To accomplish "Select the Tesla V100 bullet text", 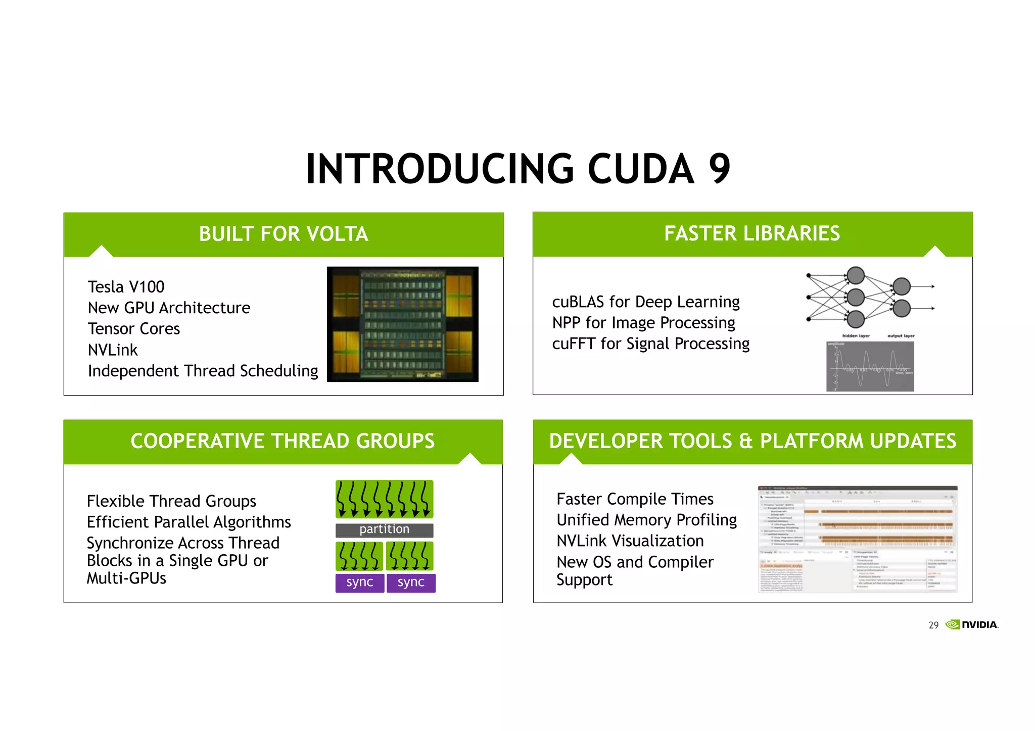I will coord(126,287).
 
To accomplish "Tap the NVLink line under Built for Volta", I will coord(113,350).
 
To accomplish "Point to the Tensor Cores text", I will coord(134,329).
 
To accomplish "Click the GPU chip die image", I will coord(402,324).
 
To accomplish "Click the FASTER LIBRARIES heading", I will coord(752,233).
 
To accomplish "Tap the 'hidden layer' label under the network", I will coord(856,336).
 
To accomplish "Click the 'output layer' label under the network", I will coord(901,336).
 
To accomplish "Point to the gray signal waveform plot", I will coord(870,366).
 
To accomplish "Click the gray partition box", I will coord(384,529).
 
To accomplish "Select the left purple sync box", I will coord(359,582).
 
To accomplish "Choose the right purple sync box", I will coord(411,582).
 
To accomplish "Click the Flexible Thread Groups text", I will coord(171,501).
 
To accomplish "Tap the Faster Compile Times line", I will coord(635,499).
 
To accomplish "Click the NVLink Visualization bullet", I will coord(630,541).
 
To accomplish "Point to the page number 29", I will coord(933,625).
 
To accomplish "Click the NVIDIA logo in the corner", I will coord(972,625).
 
